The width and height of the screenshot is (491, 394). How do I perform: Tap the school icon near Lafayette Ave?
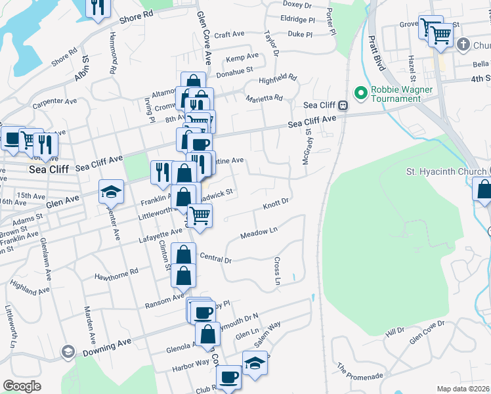[x=111, y=191]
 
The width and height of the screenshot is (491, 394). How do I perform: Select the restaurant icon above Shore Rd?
[x=98, y=7]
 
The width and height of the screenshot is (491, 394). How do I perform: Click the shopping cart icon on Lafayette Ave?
[x=200, y=215]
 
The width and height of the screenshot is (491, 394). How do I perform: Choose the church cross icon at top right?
[x=463, y=45]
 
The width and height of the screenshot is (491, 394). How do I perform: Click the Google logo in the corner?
[x=22, y=386]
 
